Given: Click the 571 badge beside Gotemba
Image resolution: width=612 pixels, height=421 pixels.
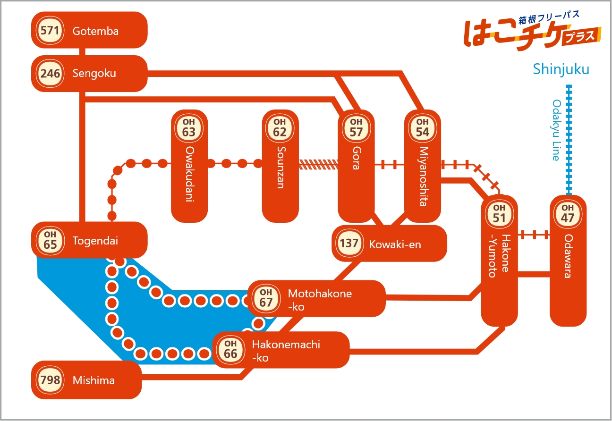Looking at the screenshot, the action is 50,30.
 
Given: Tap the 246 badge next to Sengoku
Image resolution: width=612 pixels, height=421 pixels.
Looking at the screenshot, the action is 50,74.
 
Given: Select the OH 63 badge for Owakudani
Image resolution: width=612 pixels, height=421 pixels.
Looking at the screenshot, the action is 189,128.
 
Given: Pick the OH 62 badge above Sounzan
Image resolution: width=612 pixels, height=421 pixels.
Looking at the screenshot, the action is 280,128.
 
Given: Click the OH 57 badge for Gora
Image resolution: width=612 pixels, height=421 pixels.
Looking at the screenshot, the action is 356,128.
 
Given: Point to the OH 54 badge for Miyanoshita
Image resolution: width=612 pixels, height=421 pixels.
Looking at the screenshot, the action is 423,128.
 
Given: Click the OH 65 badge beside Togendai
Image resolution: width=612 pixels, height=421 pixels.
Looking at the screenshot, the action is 50,241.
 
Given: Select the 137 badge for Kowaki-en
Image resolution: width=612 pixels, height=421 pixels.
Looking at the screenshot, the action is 349,243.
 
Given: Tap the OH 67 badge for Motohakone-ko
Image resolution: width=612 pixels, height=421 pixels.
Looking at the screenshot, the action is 266,298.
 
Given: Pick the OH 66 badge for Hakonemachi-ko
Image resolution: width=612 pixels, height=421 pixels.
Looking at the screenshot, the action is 230,350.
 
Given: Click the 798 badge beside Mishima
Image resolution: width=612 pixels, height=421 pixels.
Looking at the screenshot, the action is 50,380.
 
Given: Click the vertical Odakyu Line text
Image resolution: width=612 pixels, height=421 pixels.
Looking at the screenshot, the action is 557,130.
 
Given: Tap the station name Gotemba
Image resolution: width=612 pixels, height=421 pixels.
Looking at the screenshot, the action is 95,31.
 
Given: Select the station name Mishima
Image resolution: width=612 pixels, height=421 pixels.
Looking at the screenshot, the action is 93,380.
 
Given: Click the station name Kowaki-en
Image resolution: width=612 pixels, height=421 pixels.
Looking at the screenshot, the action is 395,244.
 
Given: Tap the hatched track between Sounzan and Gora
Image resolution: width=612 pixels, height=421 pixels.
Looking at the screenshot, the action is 318,164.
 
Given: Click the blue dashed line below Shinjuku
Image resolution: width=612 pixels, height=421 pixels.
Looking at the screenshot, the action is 569,140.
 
